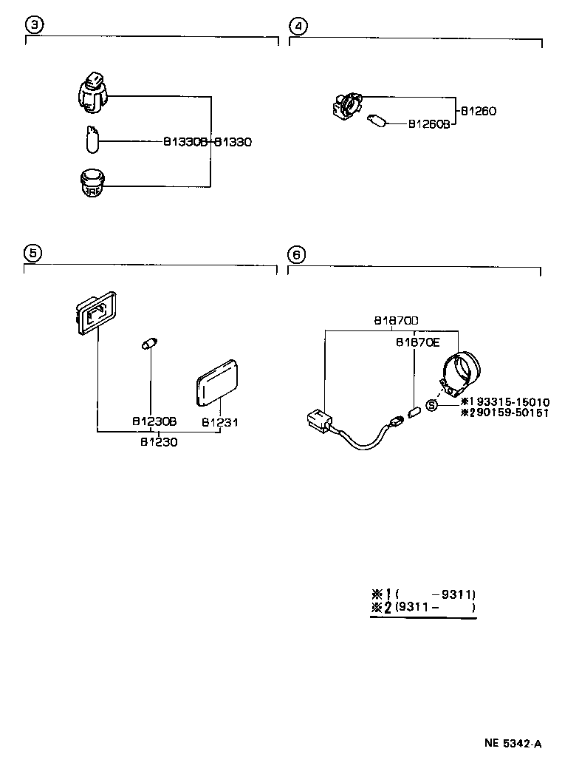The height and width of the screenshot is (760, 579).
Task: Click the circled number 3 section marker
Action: (34, 24)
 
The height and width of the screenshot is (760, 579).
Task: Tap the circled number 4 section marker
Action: (298, 26)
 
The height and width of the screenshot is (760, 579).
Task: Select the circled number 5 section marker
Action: (33, 253)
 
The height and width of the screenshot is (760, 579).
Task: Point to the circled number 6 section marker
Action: (296, 254)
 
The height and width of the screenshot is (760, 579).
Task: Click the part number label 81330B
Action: (185, 142)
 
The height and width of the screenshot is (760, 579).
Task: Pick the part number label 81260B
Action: (429, 124)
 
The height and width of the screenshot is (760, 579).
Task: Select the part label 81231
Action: (220, 423)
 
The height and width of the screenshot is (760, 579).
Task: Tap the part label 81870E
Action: (418, 343)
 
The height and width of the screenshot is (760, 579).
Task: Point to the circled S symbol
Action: (431, 404)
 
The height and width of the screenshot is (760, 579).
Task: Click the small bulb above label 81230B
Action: (150, 344)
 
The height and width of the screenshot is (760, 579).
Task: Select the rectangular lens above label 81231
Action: (217, 383)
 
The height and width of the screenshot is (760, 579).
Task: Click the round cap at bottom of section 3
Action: (92, 183)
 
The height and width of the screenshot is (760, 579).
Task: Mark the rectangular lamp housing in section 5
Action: (96, 313)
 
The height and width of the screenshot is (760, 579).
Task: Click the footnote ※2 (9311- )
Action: (423, 607)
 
